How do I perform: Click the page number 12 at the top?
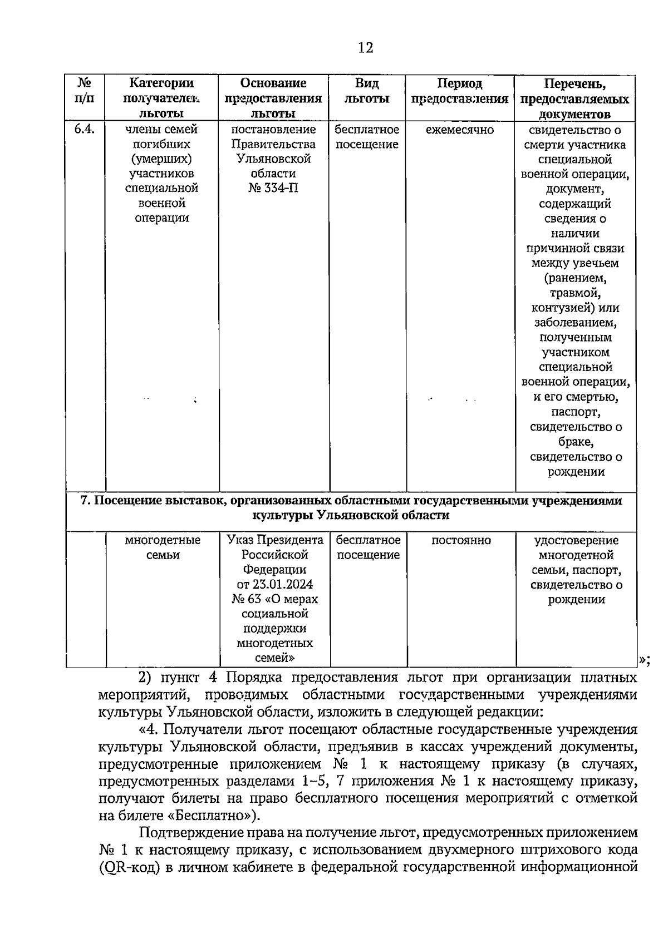point(365,48)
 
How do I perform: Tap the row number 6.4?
point(85,130)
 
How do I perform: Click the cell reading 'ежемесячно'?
point(460,130)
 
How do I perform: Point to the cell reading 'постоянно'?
point(461,540)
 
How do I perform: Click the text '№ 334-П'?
point(273,189)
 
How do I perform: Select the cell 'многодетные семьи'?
point(163,547)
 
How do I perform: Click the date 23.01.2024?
point(282,585)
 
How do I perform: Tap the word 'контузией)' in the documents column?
point(575,308)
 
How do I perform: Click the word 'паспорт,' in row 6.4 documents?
point(575,412)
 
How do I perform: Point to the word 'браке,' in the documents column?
point(576,442)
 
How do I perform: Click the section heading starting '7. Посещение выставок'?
point(351,507)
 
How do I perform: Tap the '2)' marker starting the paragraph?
point(145,678)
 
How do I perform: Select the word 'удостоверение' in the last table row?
point(576,540)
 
